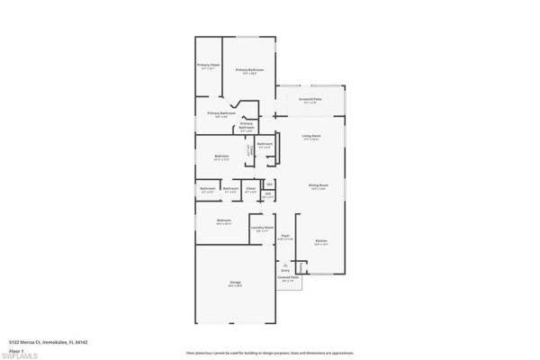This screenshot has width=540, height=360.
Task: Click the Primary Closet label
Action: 209,66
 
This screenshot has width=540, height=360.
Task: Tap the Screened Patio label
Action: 310,102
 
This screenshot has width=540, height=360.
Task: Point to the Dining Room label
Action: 319,186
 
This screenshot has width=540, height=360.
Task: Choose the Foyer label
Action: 285,237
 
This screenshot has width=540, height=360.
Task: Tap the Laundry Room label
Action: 262,229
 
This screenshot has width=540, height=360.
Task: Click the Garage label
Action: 235,283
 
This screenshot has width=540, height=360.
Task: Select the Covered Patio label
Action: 288,279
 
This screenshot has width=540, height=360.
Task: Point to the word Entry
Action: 285,270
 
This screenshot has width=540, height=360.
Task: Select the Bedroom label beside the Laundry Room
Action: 223,220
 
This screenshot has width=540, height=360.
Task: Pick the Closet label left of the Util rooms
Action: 251,189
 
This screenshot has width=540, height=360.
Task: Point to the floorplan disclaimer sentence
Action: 270,353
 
